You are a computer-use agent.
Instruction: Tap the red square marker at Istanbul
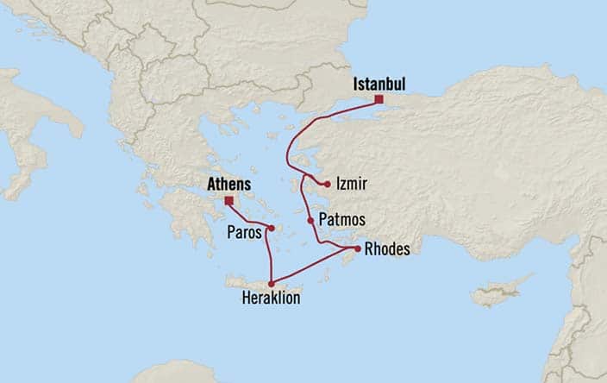point(379,100)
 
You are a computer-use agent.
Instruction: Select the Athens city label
point(228,184)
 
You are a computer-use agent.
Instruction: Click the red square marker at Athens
point(228,200)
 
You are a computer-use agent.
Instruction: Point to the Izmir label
point(352,184)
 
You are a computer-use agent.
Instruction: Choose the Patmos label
point(341,220)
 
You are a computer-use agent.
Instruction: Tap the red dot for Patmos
point(311,221)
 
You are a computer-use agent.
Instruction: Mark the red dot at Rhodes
point(357,249)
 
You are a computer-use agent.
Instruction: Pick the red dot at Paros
point(271,229)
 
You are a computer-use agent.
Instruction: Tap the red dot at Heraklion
point(272,284)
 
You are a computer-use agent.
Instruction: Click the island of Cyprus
point(505,292)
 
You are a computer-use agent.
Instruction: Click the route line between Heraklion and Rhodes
point(314,267)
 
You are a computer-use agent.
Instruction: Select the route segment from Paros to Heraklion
point(267,257)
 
